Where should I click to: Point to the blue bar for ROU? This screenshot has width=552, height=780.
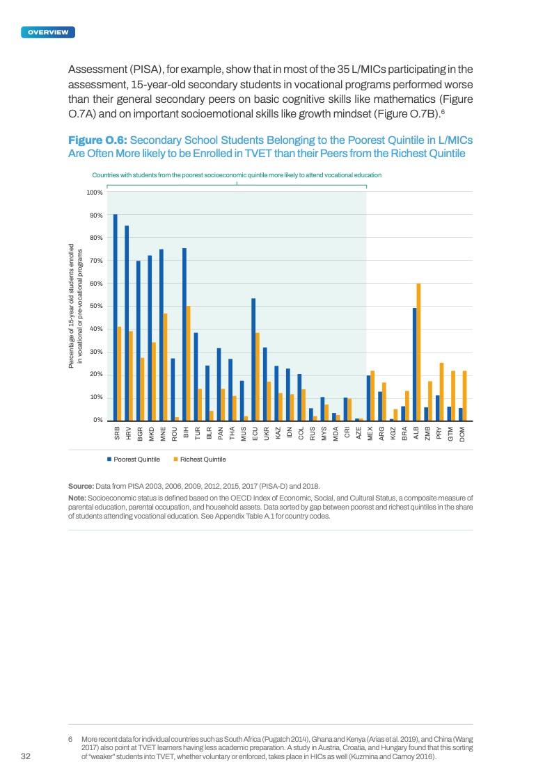(x=173, y=389)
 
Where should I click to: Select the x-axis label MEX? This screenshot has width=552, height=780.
(x=370, y=432)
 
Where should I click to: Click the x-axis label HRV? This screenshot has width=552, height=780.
(x=129, y=432)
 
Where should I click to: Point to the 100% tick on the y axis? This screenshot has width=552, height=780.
(x=95, y=193)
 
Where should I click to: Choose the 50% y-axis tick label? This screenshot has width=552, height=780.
(x=96, y=307)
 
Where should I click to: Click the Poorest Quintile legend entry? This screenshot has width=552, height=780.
(x=134, y=460)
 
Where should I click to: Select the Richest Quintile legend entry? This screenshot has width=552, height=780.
(x=198, y=460)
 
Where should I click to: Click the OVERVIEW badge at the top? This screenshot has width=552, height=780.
(x=48, y=33)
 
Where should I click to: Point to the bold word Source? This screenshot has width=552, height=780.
(x=81, y=486)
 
